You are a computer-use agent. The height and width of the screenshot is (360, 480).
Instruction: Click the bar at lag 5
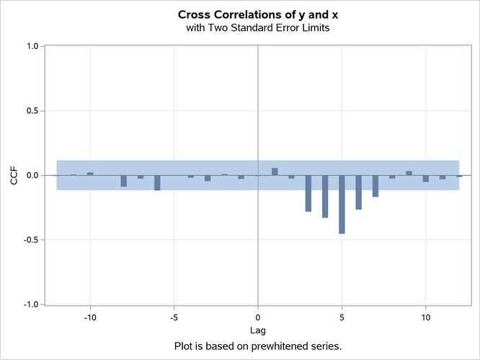342,204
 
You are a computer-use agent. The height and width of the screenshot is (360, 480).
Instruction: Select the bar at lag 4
325,197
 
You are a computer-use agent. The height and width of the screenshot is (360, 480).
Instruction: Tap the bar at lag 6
359,192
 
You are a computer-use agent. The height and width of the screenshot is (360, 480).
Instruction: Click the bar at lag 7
375,186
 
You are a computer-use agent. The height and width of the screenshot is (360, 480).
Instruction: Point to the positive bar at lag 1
275,171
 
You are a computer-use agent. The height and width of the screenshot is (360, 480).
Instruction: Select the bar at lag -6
157,182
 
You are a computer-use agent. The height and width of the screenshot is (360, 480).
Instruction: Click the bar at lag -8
124,181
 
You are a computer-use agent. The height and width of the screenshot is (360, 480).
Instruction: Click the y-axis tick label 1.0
32,47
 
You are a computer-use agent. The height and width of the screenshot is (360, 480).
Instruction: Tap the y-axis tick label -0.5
31,240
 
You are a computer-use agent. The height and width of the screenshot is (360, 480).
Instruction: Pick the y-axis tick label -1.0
31,305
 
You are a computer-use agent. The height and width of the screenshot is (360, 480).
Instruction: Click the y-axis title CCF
14,175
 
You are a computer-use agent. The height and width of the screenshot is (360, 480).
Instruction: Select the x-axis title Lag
257,330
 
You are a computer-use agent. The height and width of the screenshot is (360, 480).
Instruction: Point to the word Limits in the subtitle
315,28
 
